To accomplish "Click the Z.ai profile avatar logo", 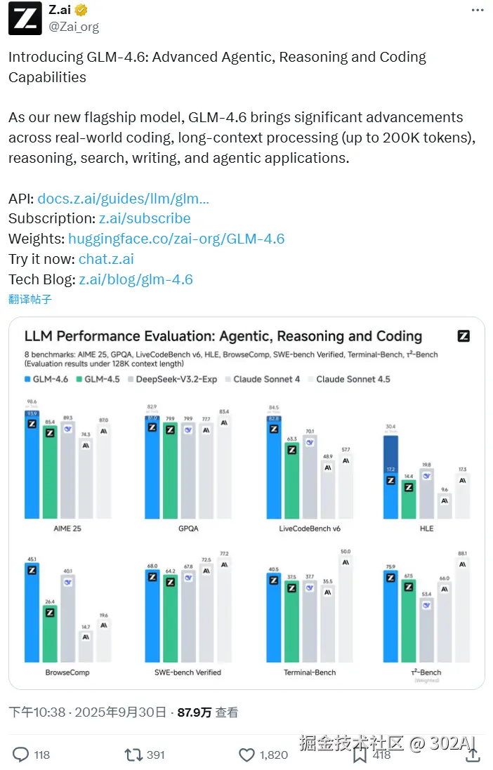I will pos(25,19).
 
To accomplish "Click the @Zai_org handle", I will pos(74,27).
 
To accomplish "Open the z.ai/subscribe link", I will pos(144,218).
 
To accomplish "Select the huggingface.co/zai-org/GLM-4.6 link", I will pos(176,239).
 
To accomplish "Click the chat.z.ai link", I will pos(106,259).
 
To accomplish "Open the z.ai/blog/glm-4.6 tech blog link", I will pos(136,279).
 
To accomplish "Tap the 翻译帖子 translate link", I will pos(30,299).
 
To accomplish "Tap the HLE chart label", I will pos(426,528).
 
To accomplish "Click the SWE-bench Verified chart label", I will pos(188,672).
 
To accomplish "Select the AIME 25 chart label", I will pos(67,528).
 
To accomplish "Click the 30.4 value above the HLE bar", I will pos(390,426).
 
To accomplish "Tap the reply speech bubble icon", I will pos(21,755).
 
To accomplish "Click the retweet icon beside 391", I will pos(133,755).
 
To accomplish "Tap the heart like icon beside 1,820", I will pos(246,755).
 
